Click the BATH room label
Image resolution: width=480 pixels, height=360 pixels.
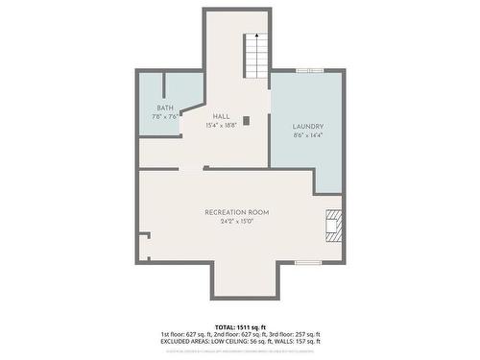[165, 108]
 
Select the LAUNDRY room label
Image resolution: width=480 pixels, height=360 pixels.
[307, 127]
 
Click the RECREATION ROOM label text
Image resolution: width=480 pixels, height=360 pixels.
[236, 211]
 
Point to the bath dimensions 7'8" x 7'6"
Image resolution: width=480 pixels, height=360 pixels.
[165, 117]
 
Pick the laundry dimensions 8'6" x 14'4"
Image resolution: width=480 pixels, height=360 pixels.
[307, 135]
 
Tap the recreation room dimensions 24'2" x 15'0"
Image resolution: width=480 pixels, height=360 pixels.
[236, 221]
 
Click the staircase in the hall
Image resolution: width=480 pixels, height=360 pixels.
[256, 58]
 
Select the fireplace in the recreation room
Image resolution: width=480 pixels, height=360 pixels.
[333, 227]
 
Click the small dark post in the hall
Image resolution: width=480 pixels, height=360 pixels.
[247, 120]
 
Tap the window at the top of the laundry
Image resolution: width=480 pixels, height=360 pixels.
[309, 69]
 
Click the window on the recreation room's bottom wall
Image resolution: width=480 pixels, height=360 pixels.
[307, 261]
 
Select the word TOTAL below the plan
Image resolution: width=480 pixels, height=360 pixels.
[224, 327]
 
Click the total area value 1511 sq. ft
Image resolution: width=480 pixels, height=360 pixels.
[251, 327]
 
